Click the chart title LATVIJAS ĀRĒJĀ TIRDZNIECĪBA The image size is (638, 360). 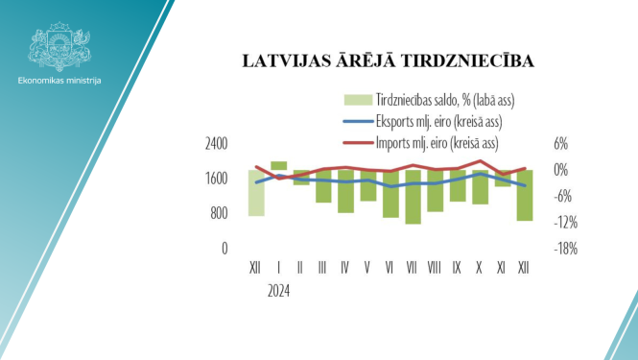(x=388, y=62)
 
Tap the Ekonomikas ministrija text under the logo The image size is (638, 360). (x=59, y=80)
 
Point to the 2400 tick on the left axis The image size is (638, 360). (x=216, y=144)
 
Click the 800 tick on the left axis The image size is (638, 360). (x=219, y=213)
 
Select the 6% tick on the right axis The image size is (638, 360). (x=561, y=144)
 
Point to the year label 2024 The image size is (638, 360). (x=277, y=287)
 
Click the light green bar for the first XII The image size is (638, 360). (x=256, y=193)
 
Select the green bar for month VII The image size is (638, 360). (x=413, y=197)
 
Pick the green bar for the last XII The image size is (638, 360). (x=524, y=195)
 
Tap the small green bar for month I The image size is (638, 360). (x=278, y=166)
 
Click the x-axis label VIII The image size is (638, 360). (x=435, y=266)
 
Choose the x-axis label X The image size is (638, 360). (x=480, y=266)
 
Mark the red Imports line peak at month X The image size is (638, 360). (x=480, y=161)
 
